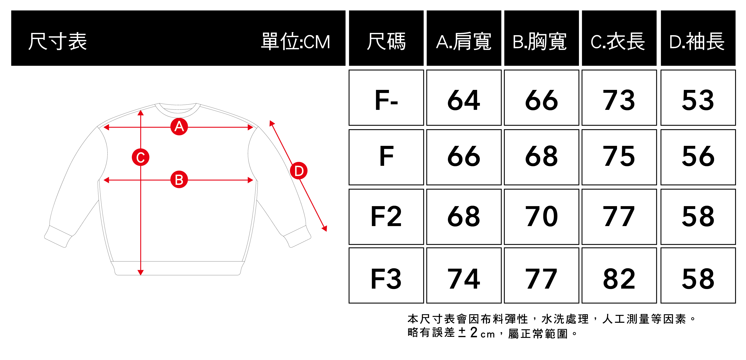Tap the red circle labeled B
(x=179, y=180)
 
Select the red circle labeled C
(x=141, y=157)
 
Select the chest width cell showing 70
(x=541, y=217)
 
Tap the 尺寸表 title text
(x=57, y=41)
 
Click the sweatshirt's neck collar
(x=178, y=110)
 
